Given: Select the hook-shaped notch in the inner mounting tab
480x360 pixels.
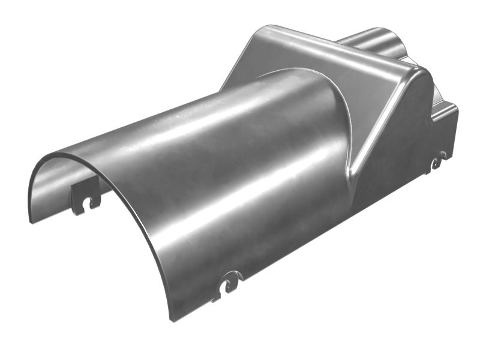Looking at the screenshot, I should tap(92, 203).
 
